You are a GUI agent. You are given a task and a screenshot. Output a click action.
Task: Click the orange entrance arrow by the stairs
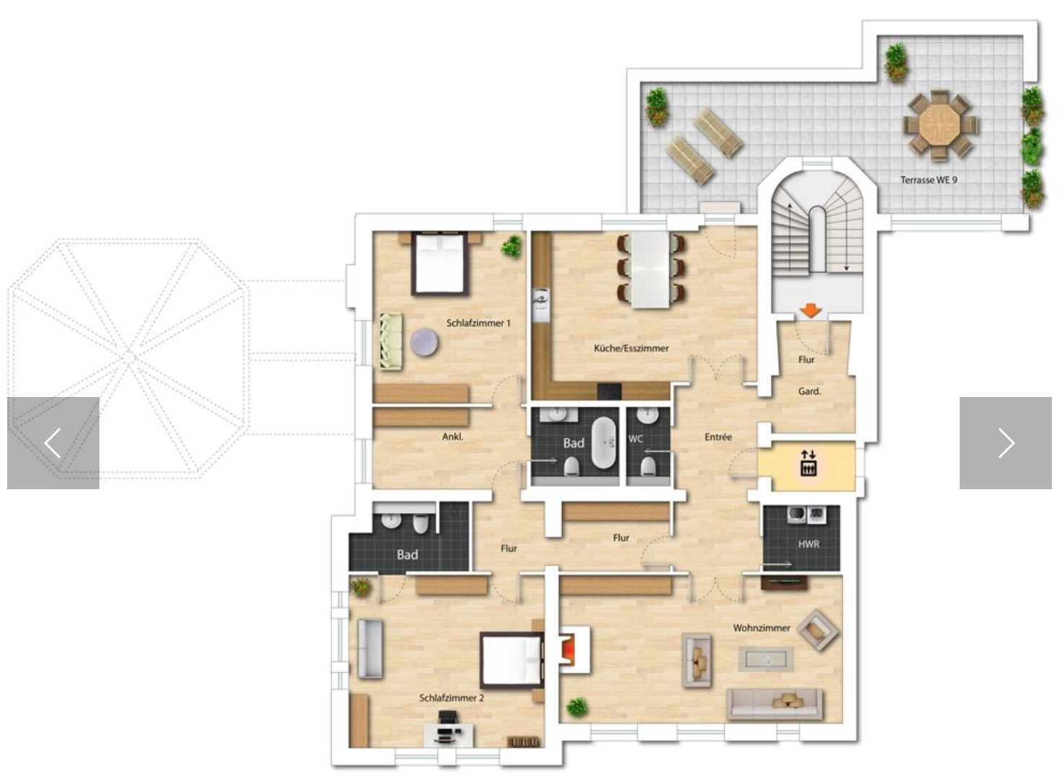811,311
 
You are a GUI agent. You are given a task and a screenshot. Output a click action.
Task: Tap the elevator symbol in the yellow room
808,463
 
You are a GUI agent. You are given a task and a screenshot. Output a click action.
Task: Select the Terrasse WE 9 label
928,180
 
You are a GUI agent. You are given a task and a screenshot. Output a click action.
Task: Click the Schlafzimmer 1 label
478,323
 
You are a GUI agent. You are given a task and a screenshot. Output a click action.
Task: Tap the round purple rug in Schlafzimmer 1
424,342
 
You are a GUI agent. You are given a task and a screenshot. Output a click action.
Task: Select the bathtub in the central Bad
604,442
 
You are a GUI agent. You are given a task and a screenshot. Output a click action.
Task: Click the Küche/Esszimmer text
631,349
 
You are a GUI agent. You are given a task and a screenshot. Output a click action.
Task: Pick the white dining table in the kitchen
651,269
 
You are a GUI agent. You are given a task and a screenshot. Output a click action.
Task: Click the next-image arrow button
1006,443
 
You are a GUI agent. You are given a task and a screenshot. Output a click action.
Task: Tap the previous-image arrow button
53,443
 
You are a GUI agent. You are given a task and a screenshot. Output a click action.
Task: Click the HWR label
808,545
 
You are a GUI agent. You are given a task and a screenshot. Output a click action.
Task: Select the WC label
635,439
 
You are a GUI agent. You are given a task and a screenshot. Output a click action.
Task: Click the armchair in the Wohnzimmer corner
817,630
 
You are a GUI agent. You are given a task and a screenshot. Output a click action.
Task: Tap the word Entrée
718,437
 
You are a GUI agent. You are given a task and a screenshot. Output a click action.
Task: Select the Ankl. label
452,437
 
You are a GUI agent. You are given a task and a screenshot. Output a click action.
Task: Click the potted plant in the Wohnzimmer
576,707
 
